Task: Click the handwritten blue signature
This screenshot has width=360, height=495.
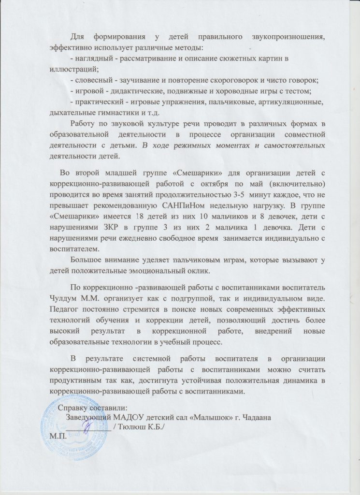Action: (87, 426)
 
